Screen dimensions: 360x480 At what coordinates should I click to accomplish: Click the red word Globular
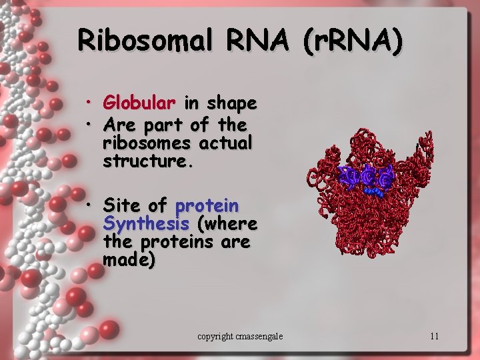tap(139, 103)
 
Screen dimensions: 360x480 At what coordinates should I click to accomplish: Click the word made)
tap(129, 259)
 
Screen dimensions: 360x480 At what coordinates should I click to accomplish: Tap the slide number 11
tap(434, 336)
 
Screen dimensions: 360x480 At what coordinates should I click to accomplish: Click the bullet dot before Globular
tap(88, 103)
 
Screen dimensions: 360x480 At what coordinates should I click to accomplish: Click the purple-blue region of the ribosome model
tap(367, 177)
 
